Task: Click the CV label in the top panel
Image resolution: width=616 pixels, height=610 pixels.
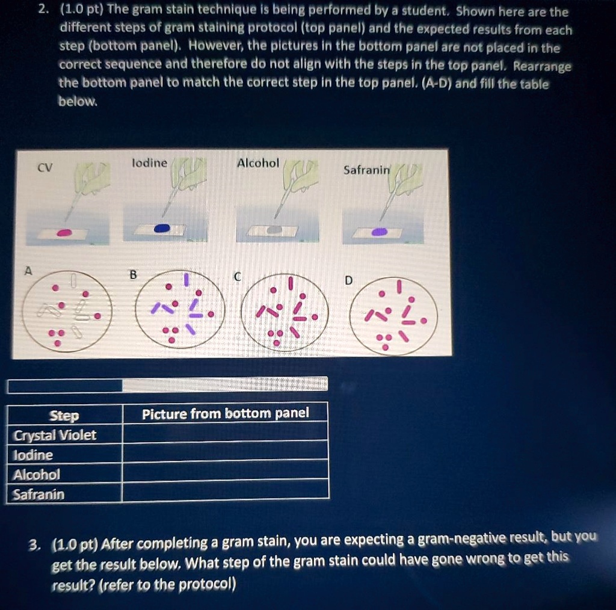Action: (x=45, y=168)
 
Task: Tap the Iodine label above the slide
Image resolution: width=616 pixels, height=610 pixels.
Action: (x=149, y=163)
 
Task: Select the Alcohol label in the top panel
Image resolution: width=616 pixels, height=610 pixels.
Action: (x=258, y=163)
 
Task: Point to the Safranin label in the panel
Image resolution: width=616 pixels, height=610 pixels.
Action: (x=366, y=170)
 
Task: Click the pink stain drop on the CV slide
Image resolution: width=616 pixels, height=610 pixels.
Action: (x=64, y=232)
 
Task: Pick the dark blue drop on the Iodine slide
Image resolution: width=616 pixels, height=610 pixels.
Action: (x=162, y=229)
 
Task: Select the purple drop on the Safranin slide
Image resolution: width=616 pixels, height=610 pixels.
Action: (x=380, y=232)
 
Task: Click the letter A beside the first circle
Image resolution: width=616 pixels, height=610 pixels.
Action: (x=26, y=271)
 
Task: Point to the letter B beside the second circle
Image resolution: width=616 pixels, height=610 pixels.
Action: (x=134, y=274)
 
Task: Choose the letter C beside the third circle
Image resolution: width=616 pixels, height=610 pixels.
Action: (x=237, y=277)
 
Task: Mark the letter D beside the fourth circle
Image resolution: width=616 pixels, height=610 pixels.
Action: (x=350, y=280)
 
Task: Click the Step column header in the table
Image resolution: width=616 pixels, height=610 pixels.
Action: (x=64, y=416)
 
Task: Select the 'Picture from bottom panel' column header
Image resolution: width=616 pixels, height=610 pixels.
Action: (x=225, y=413)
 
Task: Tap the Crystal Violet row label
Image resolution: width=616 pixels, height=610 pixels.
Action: (x=55, y=435)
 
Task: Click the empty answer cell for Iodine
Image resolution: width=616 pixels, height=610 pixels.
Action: (x=225, y=452)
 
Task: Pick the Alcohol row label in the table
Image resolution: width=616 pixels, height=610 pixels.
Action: (x=37, y=475)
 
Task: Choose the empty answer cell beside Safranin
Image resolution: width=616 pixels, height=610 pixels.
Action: (x=225, y=491)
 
